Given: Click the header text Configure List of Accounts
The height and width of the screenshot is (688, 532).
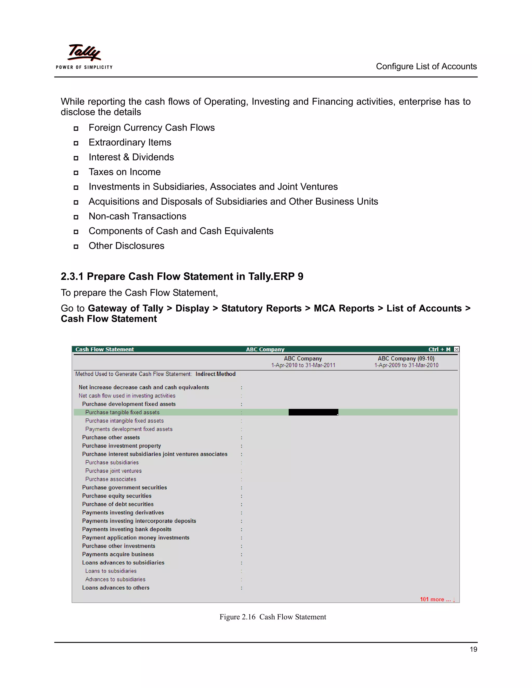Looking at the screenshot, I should point(426,66).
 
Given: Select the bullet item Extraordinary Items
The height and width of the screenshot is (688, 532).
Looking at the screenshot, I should point(130,142).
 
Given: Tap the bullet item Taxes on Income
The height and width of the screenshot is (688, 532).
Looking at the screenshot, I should point(124,172).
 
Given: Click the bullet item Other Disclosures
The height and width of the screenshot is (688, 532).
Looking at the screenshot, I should point(127,246).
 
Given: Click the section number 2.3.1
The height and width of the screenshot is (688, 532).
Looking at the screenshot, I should point(72,276).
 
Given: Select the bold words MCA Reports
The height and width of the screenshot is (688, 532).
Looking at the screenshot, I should point(344,308).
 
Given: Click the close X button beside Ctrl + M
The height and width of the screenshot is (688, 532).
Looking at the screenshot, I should point(456,349).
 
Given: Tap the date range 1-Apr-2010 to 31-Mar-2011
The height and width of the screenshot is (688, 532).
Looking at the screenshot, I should point(303,365).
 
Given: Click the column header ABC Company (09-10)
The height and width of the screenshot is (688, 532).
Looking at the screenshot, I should point(406,359).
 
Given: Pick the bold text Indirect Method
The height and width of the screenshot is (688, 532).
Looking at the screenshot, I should point(215,374).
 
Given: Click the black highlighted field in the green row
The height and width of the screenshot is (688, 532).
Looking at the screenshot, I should point(313,412).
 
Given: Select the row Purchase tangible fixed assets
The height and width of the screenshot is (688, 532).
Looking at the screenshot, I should point(122,412).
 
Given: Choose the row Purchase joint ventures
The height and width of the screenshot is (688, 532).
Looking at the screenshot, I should point(114,471).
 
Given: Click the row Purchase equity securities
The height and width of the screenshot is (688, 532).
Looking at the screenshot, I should point(117,496).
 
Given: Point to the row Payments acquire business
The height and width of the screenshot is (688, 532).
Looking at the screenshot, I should point(118,554).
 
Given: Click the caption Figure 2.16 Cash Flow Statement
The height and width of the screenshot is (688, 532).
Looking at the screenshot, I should point(272,617).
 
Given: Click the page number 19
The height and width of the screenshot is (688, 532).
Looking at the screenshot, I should point(473,649).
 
